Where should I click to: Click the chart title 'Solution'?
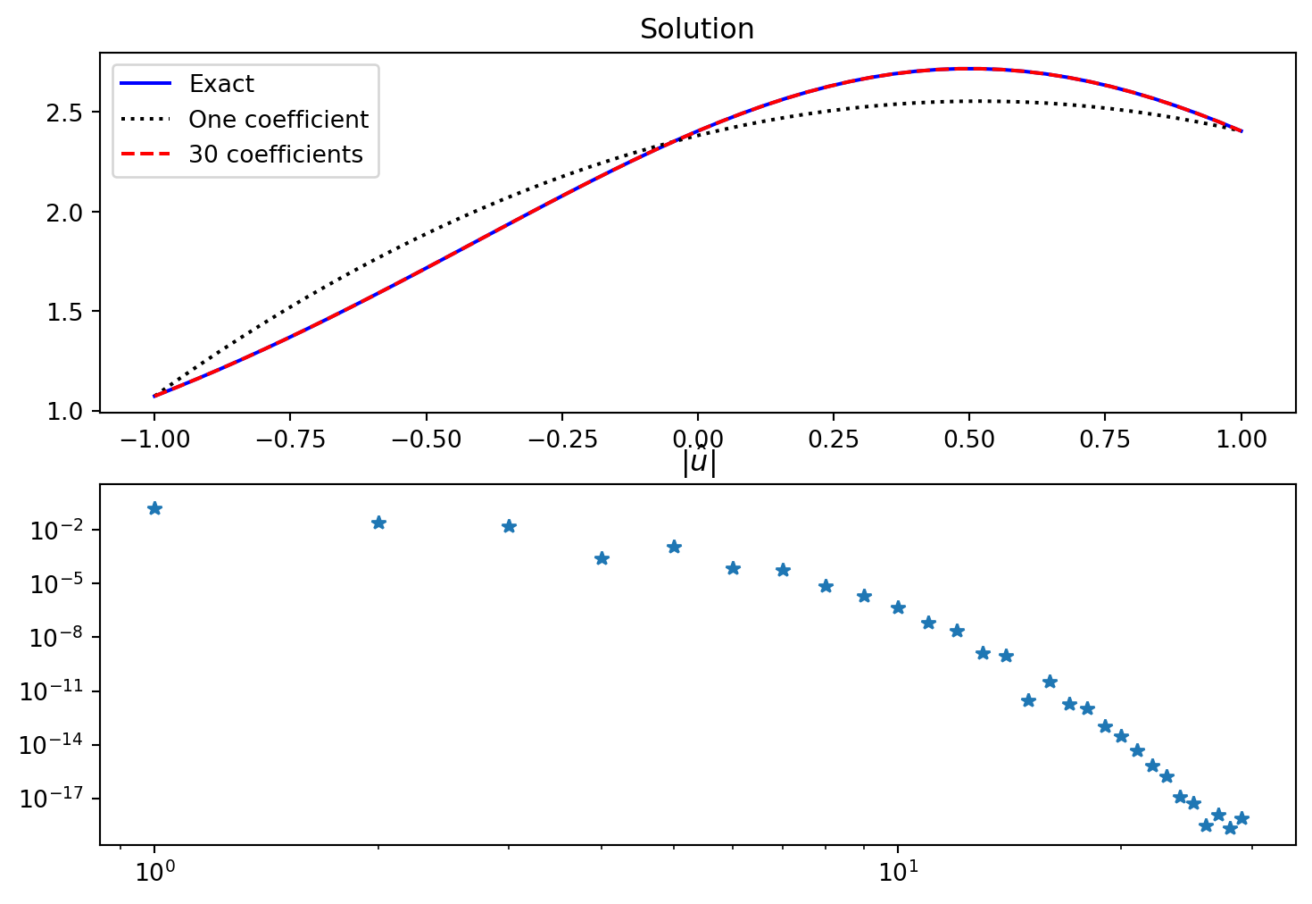coord(697,29)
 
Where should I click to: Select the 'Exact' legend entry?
coord(221,84)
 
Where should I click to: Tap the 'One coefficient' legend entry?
coord(278,120)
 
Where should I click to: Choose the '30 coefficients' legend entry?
coord(275,155)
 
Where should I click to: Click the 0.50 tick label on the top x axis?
coord(969,439)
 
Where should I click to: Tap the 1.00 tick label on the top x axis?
coord(1241,439)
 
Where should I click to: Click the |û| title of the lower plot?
coord(699,463)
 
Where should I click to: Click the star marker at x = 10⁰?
coord(154,508)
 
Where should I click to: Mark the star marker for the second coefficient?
coord(378,523)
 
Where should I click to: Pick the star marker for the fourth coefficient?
coord(602,558)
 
